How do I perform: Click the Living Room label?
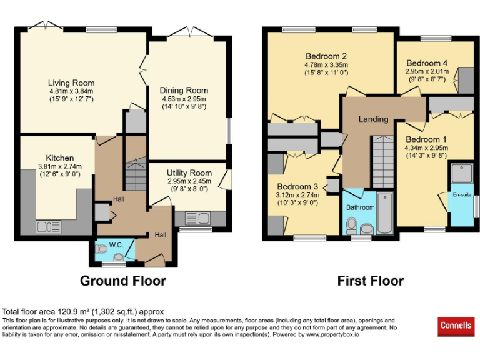coord(71,82)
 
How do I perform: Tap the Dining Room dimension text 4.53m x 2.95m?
coord(183,99)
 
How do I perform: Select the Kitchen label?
coord(60,158)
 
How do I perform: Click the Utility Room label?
coord(189,172)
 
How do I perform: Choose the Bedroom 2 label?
coord(326,55)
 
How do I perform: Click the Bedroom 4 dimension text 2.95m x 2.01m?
coord(427,71)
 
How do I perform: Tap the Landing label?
coord(373,119)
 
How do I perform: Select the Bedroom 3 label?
coord(297,186)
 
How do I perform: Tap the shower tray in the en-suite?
coord(461,171)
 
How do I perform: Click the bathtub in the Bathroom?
coord(384,214)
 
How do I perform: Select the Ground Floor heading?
coord(122,281)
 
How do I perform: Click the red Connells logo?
coord(456,326)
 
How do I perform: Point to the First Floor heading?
coord(371,281)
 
